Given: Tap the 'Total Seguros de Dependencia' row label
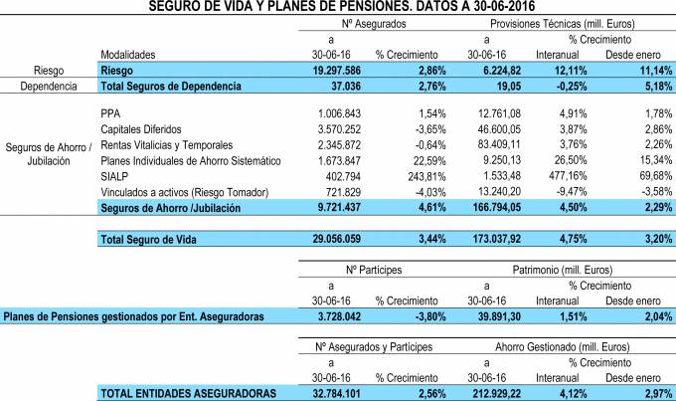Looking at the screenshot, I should click(170, 87).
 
